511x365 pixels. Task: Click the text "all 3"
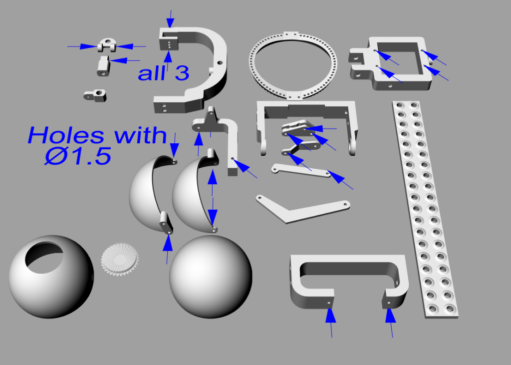164,73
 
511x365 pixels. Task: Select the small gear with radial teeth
120,258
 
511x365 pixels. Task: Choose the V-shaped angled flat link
299,210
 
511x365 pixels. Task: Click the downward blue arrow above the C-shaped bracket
170,19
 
